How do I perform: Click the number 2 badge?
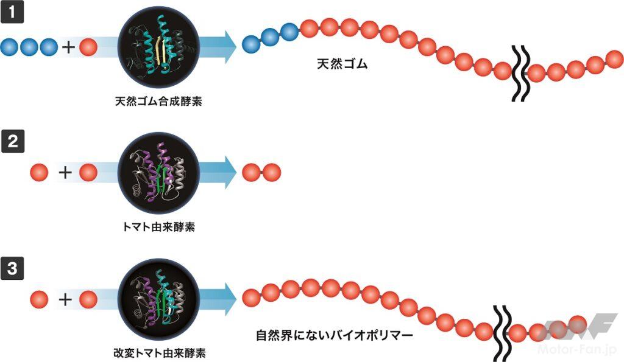(12, 142)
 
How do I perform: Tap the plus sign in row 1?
(69, 47)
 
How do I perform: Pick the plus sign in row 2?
(64, 173)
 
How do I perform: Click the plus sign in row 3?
(64, 299)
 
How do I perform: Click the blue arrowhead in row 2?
(227, 173)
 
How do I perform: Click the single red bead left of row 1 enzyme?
(89, 47)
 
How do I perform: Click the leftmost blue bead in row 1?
(10, 47)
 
